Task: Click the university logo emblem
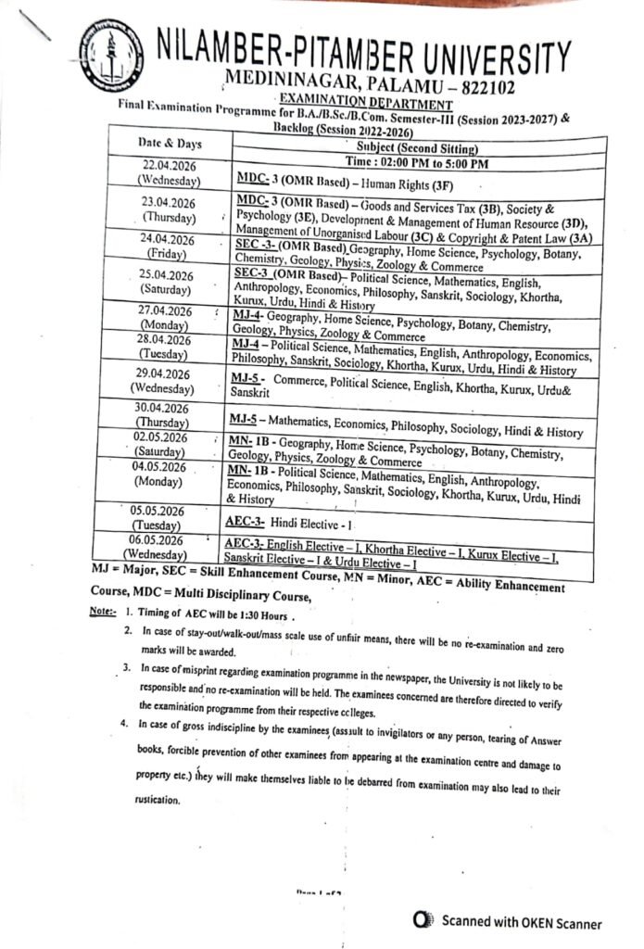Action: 111,54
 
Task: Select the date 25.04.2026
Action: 166,275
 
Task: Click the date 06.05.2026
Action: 163,539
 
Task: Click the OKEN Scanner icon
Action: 423,922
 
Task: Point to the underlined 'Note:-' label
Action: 104,613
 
